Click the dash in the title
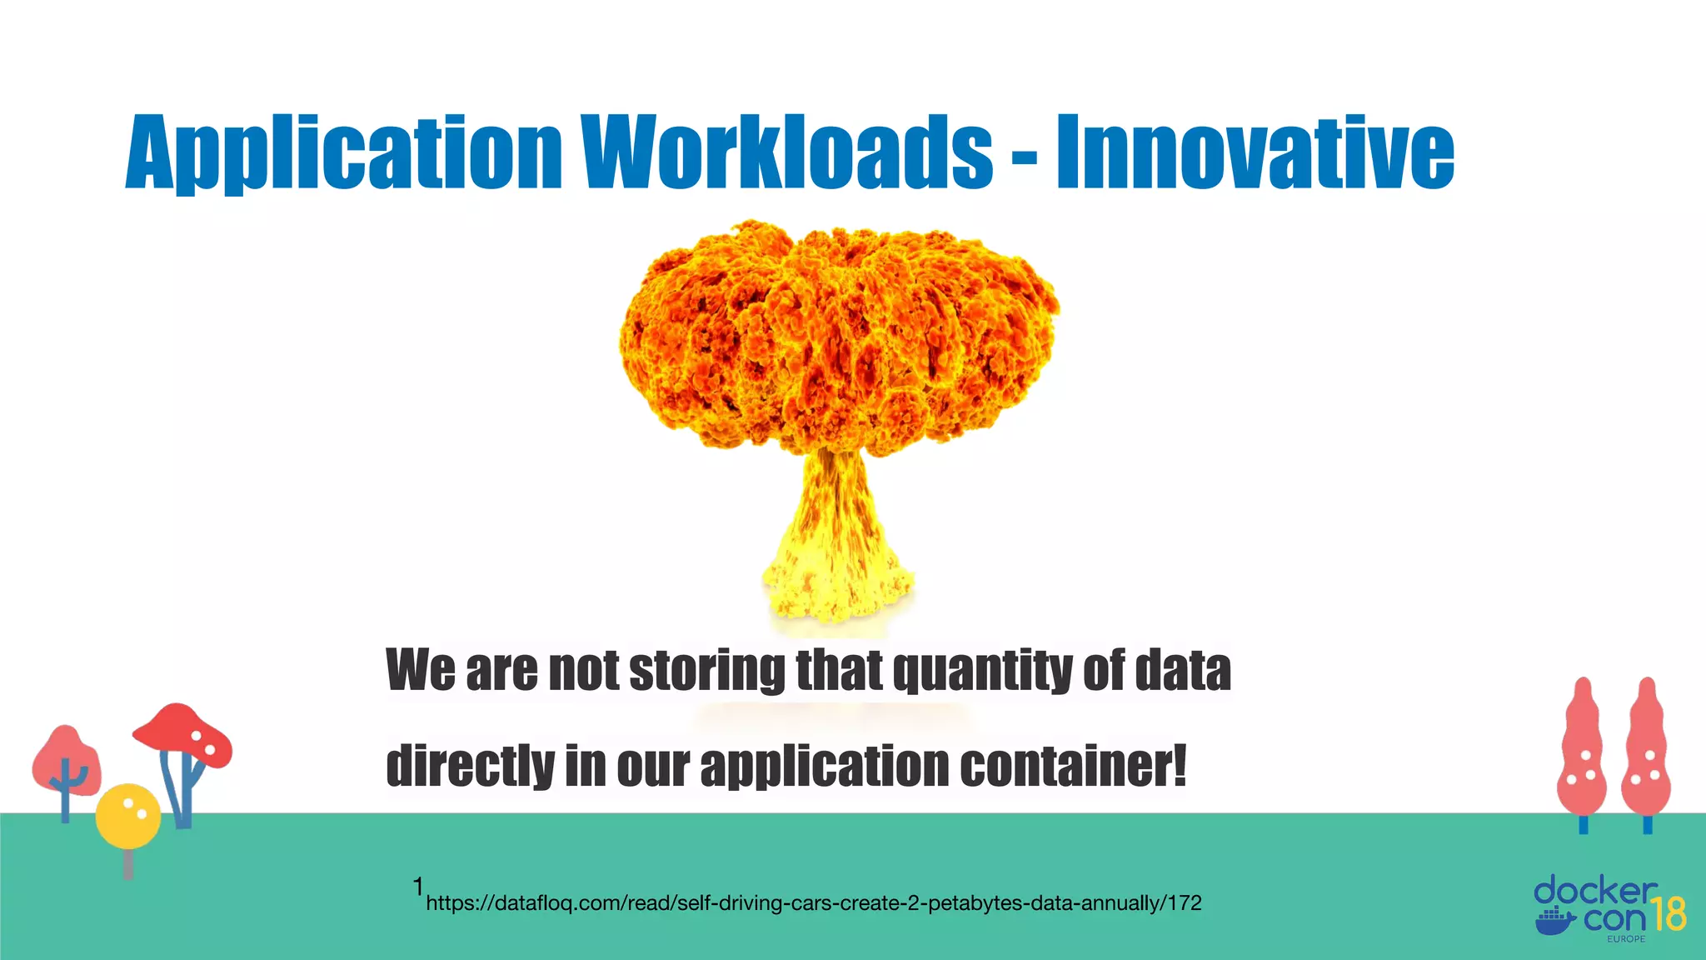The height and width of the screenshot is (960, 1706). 1025,156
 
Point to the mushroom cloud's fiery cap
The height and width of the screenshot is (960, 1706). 839,337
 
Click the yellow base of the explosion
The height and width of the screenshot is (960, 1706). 837,575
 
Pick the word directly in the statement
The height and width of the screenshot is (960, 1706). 470,767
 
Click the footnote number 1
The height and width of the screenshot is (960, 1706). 418,887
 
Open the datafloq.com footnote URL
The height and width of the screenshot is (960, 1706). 813,903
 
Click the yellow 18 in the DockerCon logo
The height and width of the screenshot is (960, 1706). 1668,915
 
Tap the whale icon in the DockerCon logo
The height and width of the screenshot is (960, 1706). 1555,922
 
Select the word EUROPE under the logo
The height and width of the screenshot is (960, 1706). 1626,939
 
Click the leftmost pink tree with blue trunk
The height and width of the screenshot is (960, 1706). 66,762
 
